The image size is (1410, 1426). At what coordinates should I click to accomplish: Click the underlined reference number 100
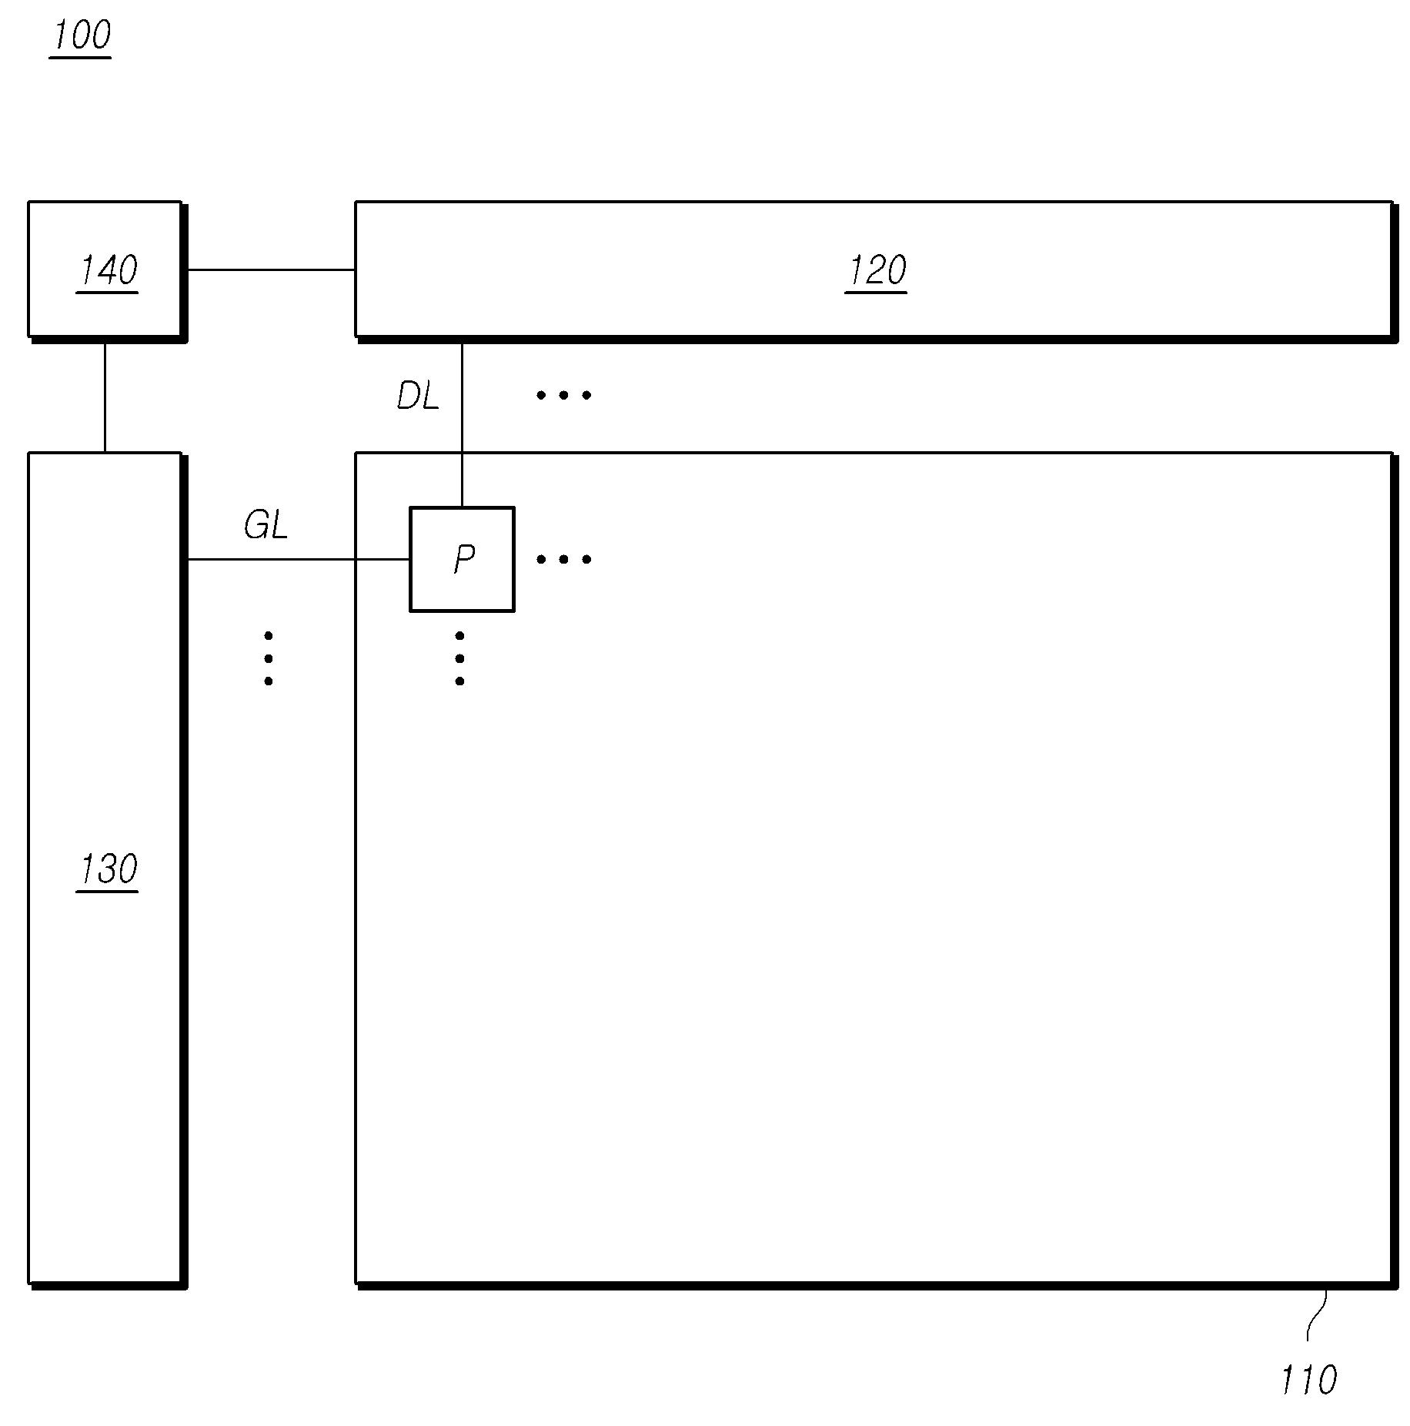(x=81, y=35)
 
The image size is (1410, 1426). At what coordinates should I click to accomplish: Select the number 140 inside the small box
(x=108, y=270)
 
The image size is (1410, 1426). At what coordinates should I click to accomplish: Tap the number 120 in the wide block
(x=876, y=270)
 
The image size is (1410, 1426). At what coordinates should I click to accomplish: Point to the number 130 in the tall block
(x=108, y=869)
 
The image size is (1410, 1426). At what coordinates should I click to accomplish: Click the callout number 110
(x=1308, y=1380)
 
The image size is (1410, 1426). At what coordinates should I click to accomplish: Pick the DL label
(x=417, y=397)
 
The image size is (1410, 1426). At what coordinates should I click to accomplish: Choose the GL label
(x=266, y=526)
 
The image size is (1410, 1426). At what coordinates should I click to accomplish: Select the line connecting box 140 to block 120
(x=269, y=269)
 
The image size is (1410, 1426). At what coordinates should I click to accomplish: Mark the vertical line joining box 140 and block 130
(x=105, y=397)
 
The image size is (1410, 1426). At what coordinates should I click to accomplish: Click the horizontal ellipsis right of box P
(x=564, y=559)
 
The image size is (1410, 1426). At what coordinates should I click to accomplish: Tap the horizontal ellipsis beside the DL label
(x=564, y=395)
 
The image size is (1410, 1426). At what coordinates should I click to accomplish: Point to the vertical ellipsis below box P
(x=459, y=658)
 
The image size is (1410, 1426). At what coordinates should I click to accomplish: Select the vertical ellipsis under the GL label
(x=268, y=658)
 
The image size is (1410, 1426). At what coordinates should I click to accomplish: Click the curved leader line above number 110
(x=1315, y=1318)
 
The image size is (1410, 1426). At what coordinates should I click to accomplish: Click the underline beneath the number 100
(x=81, y=56)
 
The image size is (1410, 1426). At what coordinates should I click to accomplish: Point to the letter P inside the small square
(x=463, y=559)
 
